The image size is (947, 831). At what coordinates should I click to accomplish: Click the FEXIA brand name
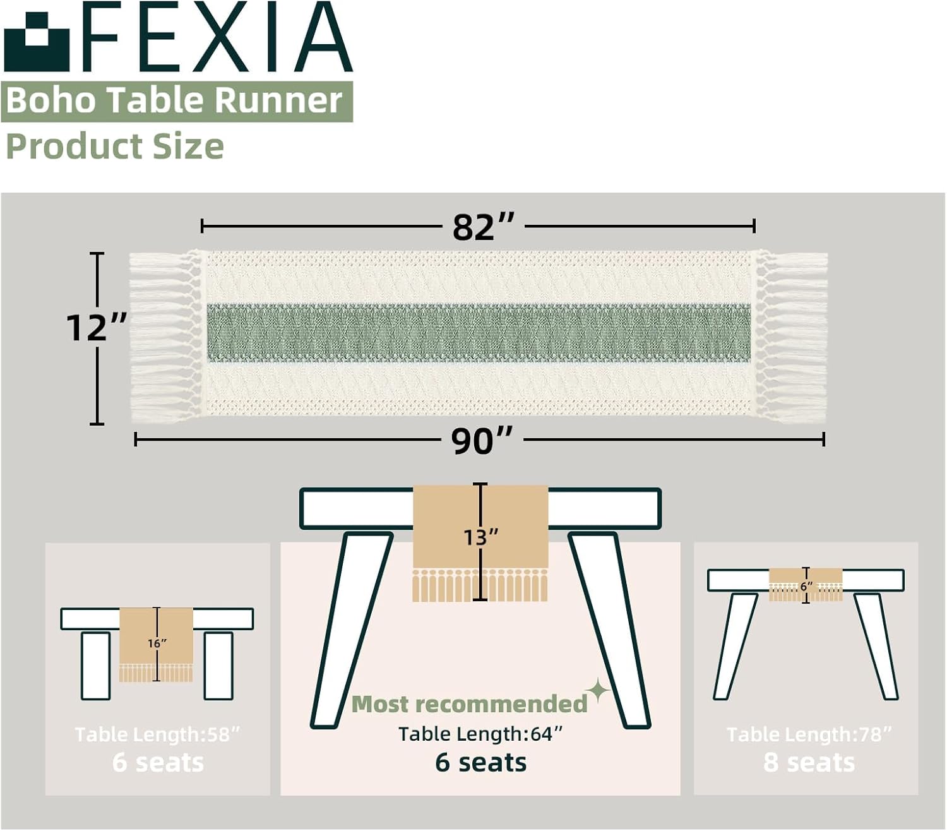[x=218, y=38]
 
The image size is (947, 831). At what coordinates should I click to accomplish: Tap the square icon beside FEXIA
[x=36, y=42]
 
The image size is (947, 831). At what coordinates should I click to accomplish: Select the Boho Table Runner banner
[x=176, y=101]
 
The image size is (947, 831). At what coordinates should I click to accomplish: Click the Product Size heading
[x=114, y=146]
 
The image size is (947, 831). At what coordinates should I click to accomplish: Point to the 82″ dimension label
[x=483, y=227]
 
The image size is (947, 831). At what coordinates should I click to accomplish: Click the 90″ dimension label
[x=482, y=441]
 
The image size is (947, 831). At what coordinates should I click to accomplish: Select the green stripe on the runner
[x=479, y=333]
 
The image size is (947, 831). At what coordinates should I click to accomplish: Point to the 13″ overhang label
[x=480, y=537]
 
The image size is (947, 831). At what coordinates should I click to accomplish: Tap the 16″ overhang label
[x=157, y=643]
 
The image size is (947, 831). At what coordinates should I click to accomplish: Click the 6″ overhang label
[x=806, y=587]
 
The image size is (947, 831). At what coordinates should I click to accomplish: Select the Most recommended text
[x=469, y=704]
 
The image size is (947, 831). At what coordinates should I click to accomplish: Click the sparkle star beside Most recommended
[x=597, y=691]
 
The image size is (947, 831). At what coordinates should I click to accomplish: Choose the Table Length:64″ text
[x=480, y=734]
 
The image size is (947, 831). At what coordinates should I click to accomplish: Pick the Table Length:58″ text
[x=157, y=734]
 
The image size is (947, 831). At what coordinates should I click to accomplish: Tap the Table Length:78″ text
[x=809, y=734]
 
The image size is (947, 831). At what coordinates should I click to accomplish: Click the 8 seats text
[x=809, y=763]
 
